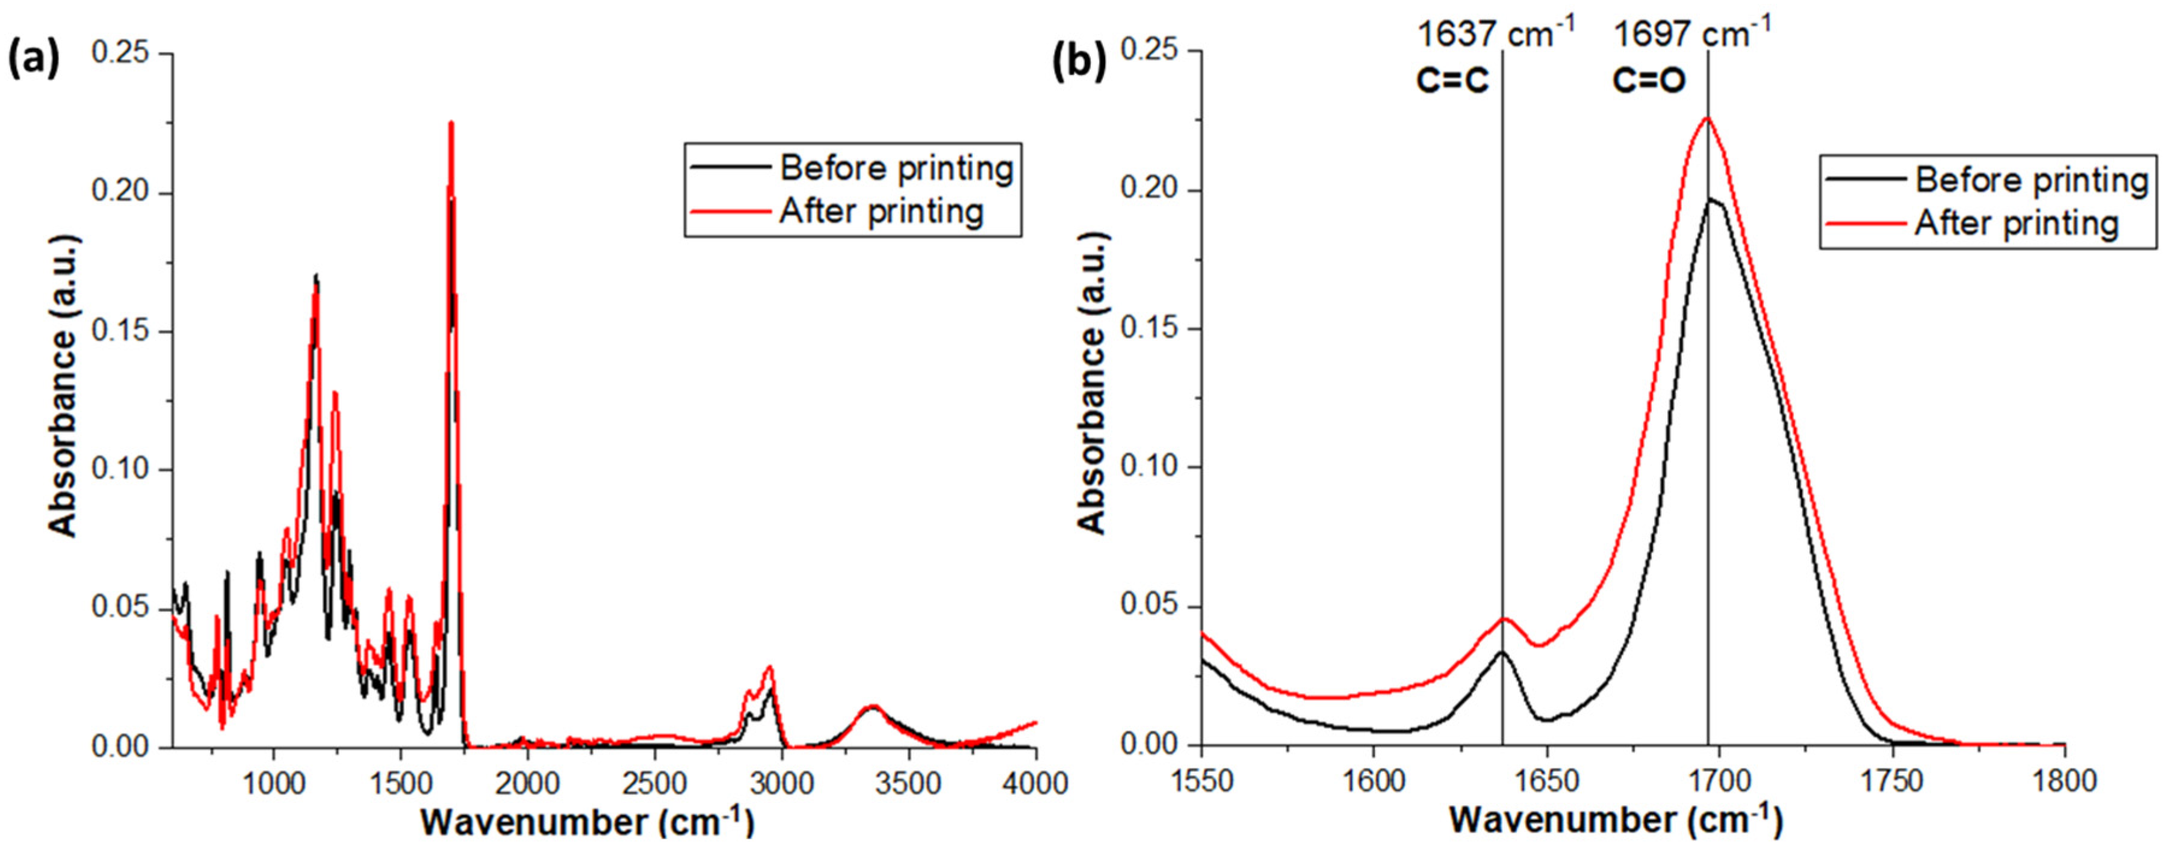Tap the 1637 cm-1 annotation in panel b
(x=1495, y=35)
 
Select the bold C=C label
(x=1452, y=81)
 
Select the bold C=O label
(x=1648, y=81)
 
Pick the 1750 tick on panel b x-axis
(x=1892, y=781)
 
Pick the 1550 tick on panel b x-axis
(x=1201, y=781)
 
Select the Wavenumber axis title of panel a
(x=588, y=822)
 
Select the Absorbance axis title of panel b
(x=1092, y=382)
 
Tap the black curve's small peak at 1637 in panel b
(x=1502, y=651)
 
